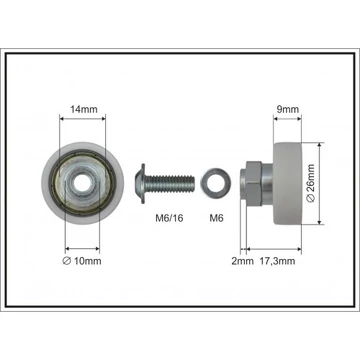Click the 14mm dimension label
[84, 109]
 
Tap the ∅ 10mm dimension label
[82, 261]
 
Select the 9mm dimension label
[288, 109]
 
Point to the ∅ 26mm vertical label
[310, 183]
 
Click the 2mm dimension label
[243, 261]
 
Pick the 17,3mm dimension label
[277, 261]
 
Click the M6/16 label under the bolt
[170, 218]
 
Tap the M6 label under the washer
[216, 218]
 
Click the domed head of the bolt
[140, 183]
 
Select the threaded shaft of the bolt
[170, 184]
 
